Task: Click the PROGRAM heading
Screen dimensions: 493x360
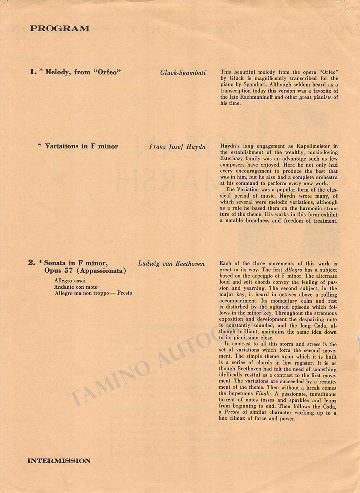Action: point(60,29)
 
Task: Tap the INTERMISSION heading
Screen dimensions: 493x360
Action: point(59,461)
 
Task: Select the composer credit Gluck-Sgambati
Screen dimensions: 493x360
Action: point(183,72)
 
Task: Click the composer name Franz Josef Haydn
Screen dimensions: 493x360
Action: point(177,147)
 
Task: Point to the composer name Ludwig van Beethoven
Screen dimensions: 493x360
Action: point(171,264)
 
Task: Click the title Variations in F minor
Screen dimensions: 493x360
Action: point(81,146)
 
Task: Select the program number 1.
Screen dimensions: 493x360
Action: point(33,72)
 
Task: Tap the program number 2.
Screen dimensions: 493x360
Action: point(32,263)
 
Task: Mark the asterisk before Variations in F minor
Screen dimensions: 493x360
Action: point(40,145)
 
